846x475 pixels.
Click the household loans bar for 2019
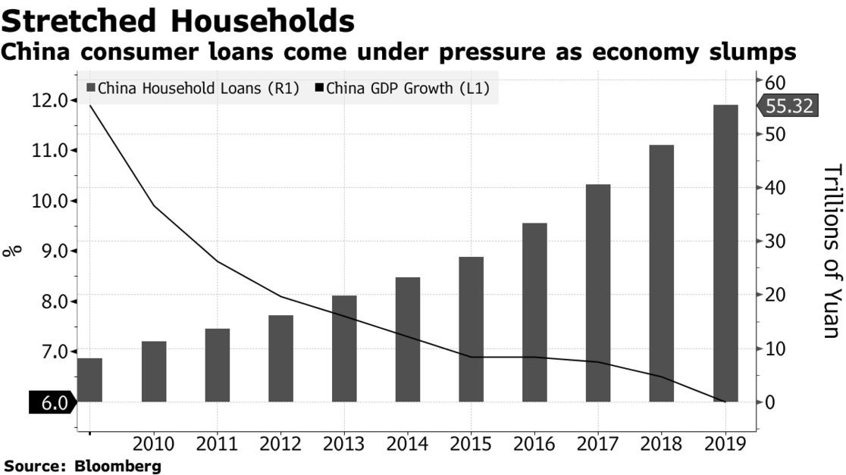tap(725, 253)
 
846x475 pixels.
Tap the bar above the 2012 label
tap(280, 358)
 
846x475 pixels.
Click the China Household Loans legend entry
tap(193, 88)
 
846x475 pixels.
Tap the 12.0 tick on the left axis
tap(51, 100)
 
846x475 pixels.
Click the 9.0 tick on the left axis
tap(51, 251)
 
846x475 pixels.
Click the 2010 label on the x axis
tap(153, 444)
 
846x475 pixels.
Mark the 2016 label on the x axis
tap(534, 444)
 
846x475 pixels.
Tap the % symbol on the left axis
tap(13, 251)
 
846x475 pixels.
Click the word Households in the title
tap(262, 21)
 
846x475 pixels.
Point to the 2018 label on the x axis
tap(662, 444)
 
